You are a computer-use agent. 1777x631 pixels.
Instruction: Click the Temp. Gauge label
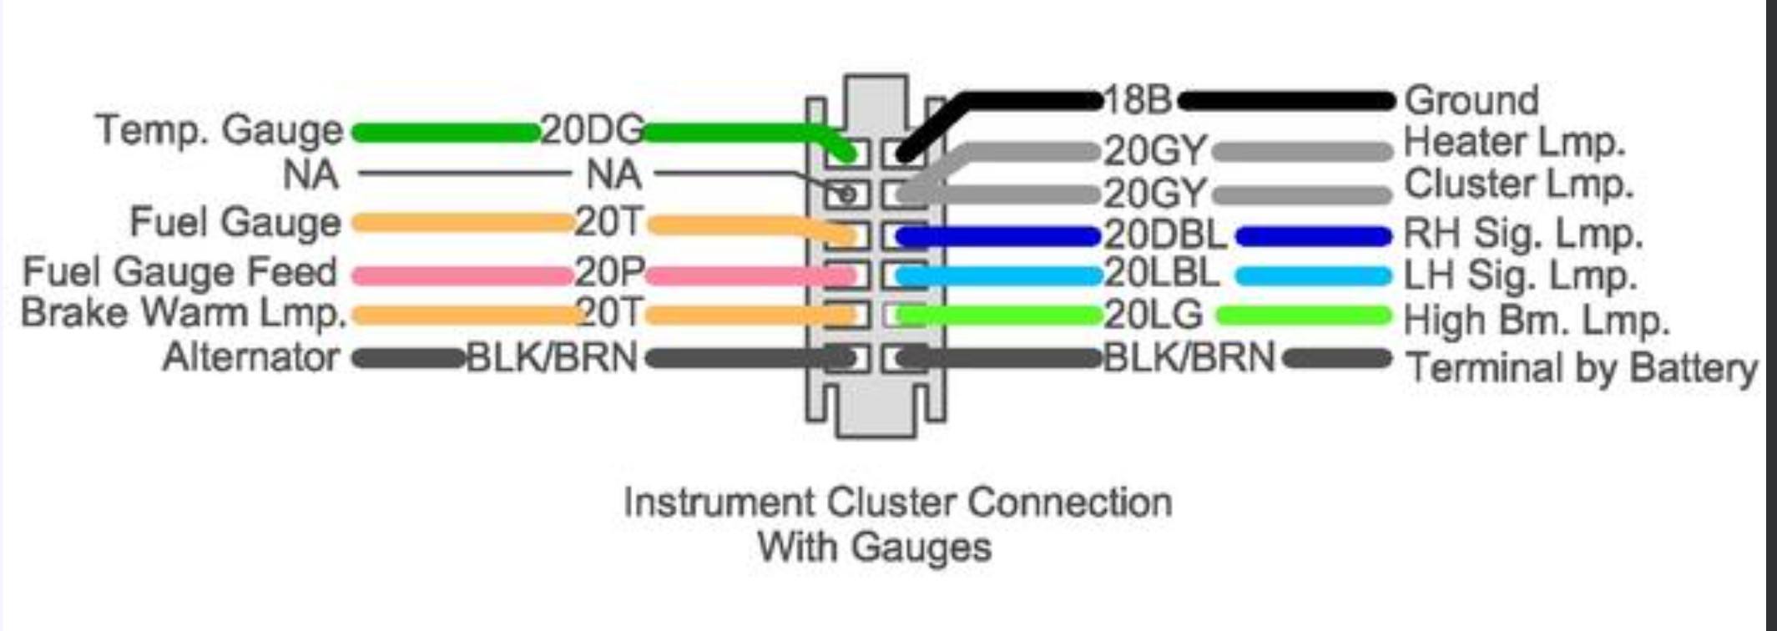(x=220, y=130)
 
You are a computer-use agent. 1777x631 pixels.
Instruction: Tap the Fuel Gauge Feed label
(x=180, y=272)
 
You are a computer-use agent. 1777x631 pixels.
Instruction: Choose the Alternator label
(x=251, y=357)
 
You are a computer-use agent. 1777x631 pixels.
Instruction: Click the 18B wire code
(x=1138, y=100)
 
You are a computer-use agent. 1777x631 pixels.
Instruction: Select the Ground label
(x=1472, y=101)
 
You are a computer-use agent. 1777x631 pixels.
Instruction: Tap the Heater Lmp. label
(x=1514, y=142)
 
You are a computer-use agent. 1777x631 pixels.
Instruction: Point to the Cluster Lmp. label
(x=1518, y=184)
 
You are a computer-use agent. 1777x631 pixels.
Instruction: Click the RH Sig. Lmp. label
(x=1522, y=234)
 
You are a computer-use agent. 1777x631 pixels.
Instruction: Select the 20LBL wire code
(x=1162, y=274)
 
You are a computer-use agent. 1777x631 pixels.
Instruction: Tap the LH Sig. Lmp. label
(x=1519, y=275)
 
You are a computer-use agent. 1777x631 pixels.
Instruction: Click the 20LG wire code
(x=1154, y=315)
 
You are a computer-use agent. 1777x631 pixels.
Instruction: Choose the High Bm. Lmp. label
(x=1536, y=320)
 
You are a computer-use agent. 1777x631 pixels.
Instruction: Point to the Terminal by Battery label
(x=1582, y=367)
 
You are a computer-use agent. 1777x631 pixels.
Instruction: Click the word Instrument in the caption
(x=719, y=502)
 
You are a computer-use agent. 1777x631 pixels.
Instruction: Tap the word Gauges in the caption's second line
(x=921, y=548)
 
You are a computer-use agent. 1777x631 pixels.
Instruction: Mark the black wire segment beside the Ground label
(x=1285, y=102)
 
